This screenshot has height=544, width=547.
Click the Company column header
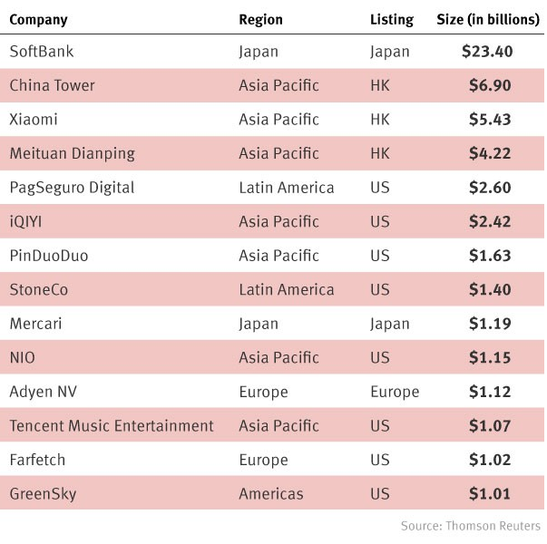pyautogui.click(x=38, y=19)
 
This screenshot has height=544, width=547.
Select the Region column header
pyautogui.click(x=260, y=19)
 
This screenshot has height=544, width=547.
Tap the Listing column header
pyautogui.click(x=392, y=19)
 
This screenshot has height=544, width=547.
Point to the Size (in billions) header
pyautogui.click(x=488, y=19)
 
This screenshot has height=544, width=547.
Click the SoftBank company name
pyautogui.click(x=41, y=52)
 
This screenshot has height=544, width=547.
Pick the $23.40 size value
pyautogui.click(x=487, y=52)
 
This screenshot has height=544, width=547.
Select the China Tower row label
pyautogui.click(x=52, y=85)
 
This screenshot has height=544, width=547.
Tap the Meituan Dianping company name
pyautogui.click(x=72, y=153)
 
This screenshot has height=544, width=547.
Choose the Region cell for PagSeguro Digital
pyautogui.click(x=286, y=188)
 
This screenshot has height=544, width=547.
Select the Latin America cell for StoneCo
pyautogui.click(x=286, y=290)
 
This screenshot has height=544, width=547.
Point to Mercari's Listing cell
pyautogui.click(x=390, y=324)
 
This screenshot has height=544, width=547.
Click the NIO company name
pyautogui.click(x=22, y=358)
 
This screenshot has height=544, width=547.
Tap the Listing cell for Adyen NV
pyautogui.click(x=395, y=392)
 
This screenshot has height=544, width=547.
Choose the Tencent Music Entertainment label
pyautogui.click(x=111, y=426)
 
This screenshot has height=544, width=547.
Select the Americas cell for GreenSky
pyautogui.click(x=271, y=494)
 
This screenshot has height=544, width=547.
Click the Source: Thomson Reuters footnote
pyautogui.click(x=470, y=526)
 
